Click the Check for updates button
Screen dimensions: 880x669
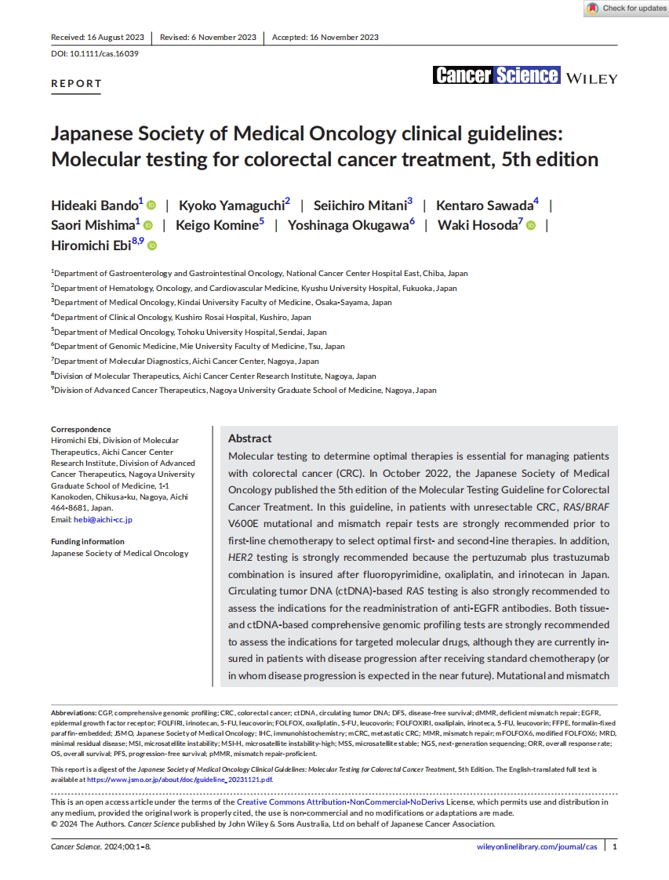tap(627, 9)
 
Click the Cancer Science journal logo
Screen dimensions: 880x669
tap(496, 75)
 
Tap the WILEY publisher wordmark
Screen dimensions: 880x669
tap(591, 78)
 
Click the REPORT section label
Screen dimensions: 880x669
tap(76, 83)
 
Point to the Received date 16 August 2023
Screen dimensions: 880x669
tap(97, 37)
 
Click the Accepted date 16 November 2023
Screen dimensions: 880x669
tap(325, 37)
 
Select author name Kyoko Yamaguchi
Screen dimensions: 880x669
tap(231, 205)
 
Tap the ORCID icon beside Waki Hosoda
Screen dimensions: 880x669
tap(531, 226)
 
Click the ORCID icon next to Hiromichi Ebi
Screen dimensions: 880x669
tap(152, 246)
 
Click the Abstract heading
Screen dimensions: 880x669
tap(249, 438)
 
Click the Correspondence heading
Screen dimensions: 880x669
tap(81, 429)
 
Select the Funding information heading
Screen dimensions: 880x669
tap(87, 541)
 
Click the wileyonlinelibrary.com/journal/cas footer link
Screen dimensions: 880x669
tap(536, 847)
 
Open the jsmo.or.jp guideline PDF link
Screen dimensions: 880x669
tap(180, 780)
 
